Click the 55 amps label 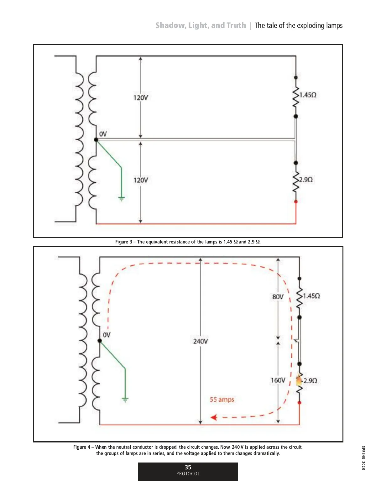pyautogui.click(x=222, y=400)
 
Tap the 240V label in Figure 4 pyautogui.click(x=200, y=341)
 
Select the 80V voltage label pyautogui.click(x=278, y=297)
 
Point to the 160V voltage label pyautogui.click(x=278, y=380)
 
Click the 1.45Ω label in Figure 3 pyautogui.click(x=308, y=95)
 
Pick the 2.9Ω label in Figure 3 pyautogui.click(x=305, y=180)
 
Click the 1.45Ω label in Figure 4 pyautogui.click(x=311, y=296)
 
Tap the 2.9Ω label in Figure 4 pyautogui.click(x=310, y=381)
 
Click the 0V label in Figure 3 pyautogui.click(x=103, y=134)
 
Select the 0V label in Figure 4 pyautogui.click(x=107, y=335)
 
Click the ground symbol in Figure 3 pyautogui.click(x=122, y=198)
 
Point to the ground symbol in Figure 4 pyautogui.click(x=125, y=400)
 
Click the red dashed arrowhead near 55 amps pyautogui.click(x=214, y=417)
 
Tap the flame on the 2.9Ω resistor pyautogui.click(x=299, y=380)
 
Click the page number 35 pyautogui.click(x=188, y=467)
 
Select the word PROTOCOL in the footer pyautogui.click(x=188, y=474)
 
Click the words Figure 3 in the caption pyautogui.click(x=124, y=242)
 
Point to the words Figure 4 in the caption pyautogui.click(x=82, y=447)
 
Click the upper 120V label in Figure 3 pyautogui.click(x=140, y=98)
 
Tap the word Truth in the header pyautogui.click(x=236, y=25)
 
